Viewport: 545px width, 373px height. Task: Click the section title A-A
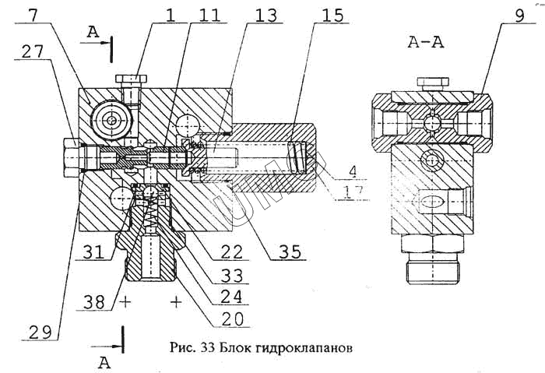pyautogui.click(x=428, y=43)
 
